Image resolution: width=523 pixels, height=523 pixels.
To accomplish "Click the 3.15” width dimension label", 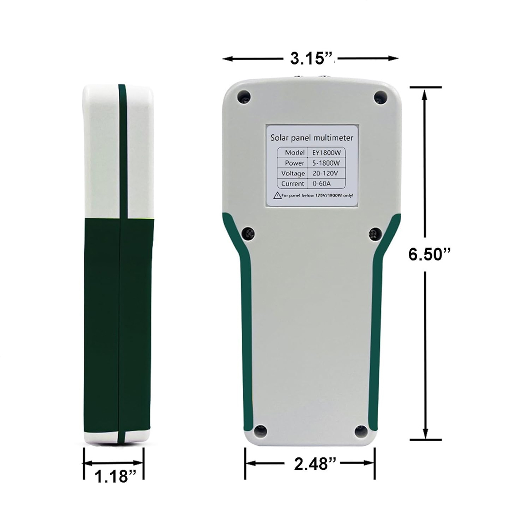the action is (311, 58).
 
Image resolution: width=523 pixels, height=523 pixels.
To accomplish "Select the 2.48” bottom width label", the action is (315, 463).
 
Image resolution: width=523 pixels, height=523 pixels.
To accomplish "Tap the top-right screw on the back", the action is (380, 97).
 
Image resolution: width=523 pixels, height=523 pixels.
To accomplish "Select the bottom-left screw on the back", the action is (260, 431).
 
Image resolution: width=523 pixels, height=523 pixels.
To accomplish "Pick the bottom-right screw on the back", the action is (361, 431).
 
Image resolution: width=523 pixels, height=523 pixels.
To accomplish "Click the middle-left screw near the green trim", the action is (248, 233).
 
